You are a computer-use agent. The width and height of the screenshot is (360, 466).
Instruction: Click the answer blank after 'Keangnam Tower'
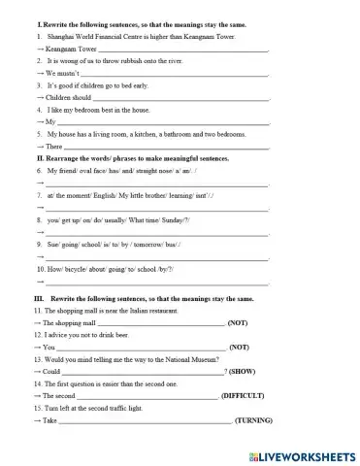tap(184, 47)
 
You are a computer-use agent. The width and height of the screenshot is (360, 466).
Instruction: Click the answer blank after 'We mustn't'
tap(175, 72)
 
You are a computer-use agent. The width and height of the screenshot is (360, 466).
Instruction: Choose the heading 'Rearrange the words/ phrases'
tap(136, 157)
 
